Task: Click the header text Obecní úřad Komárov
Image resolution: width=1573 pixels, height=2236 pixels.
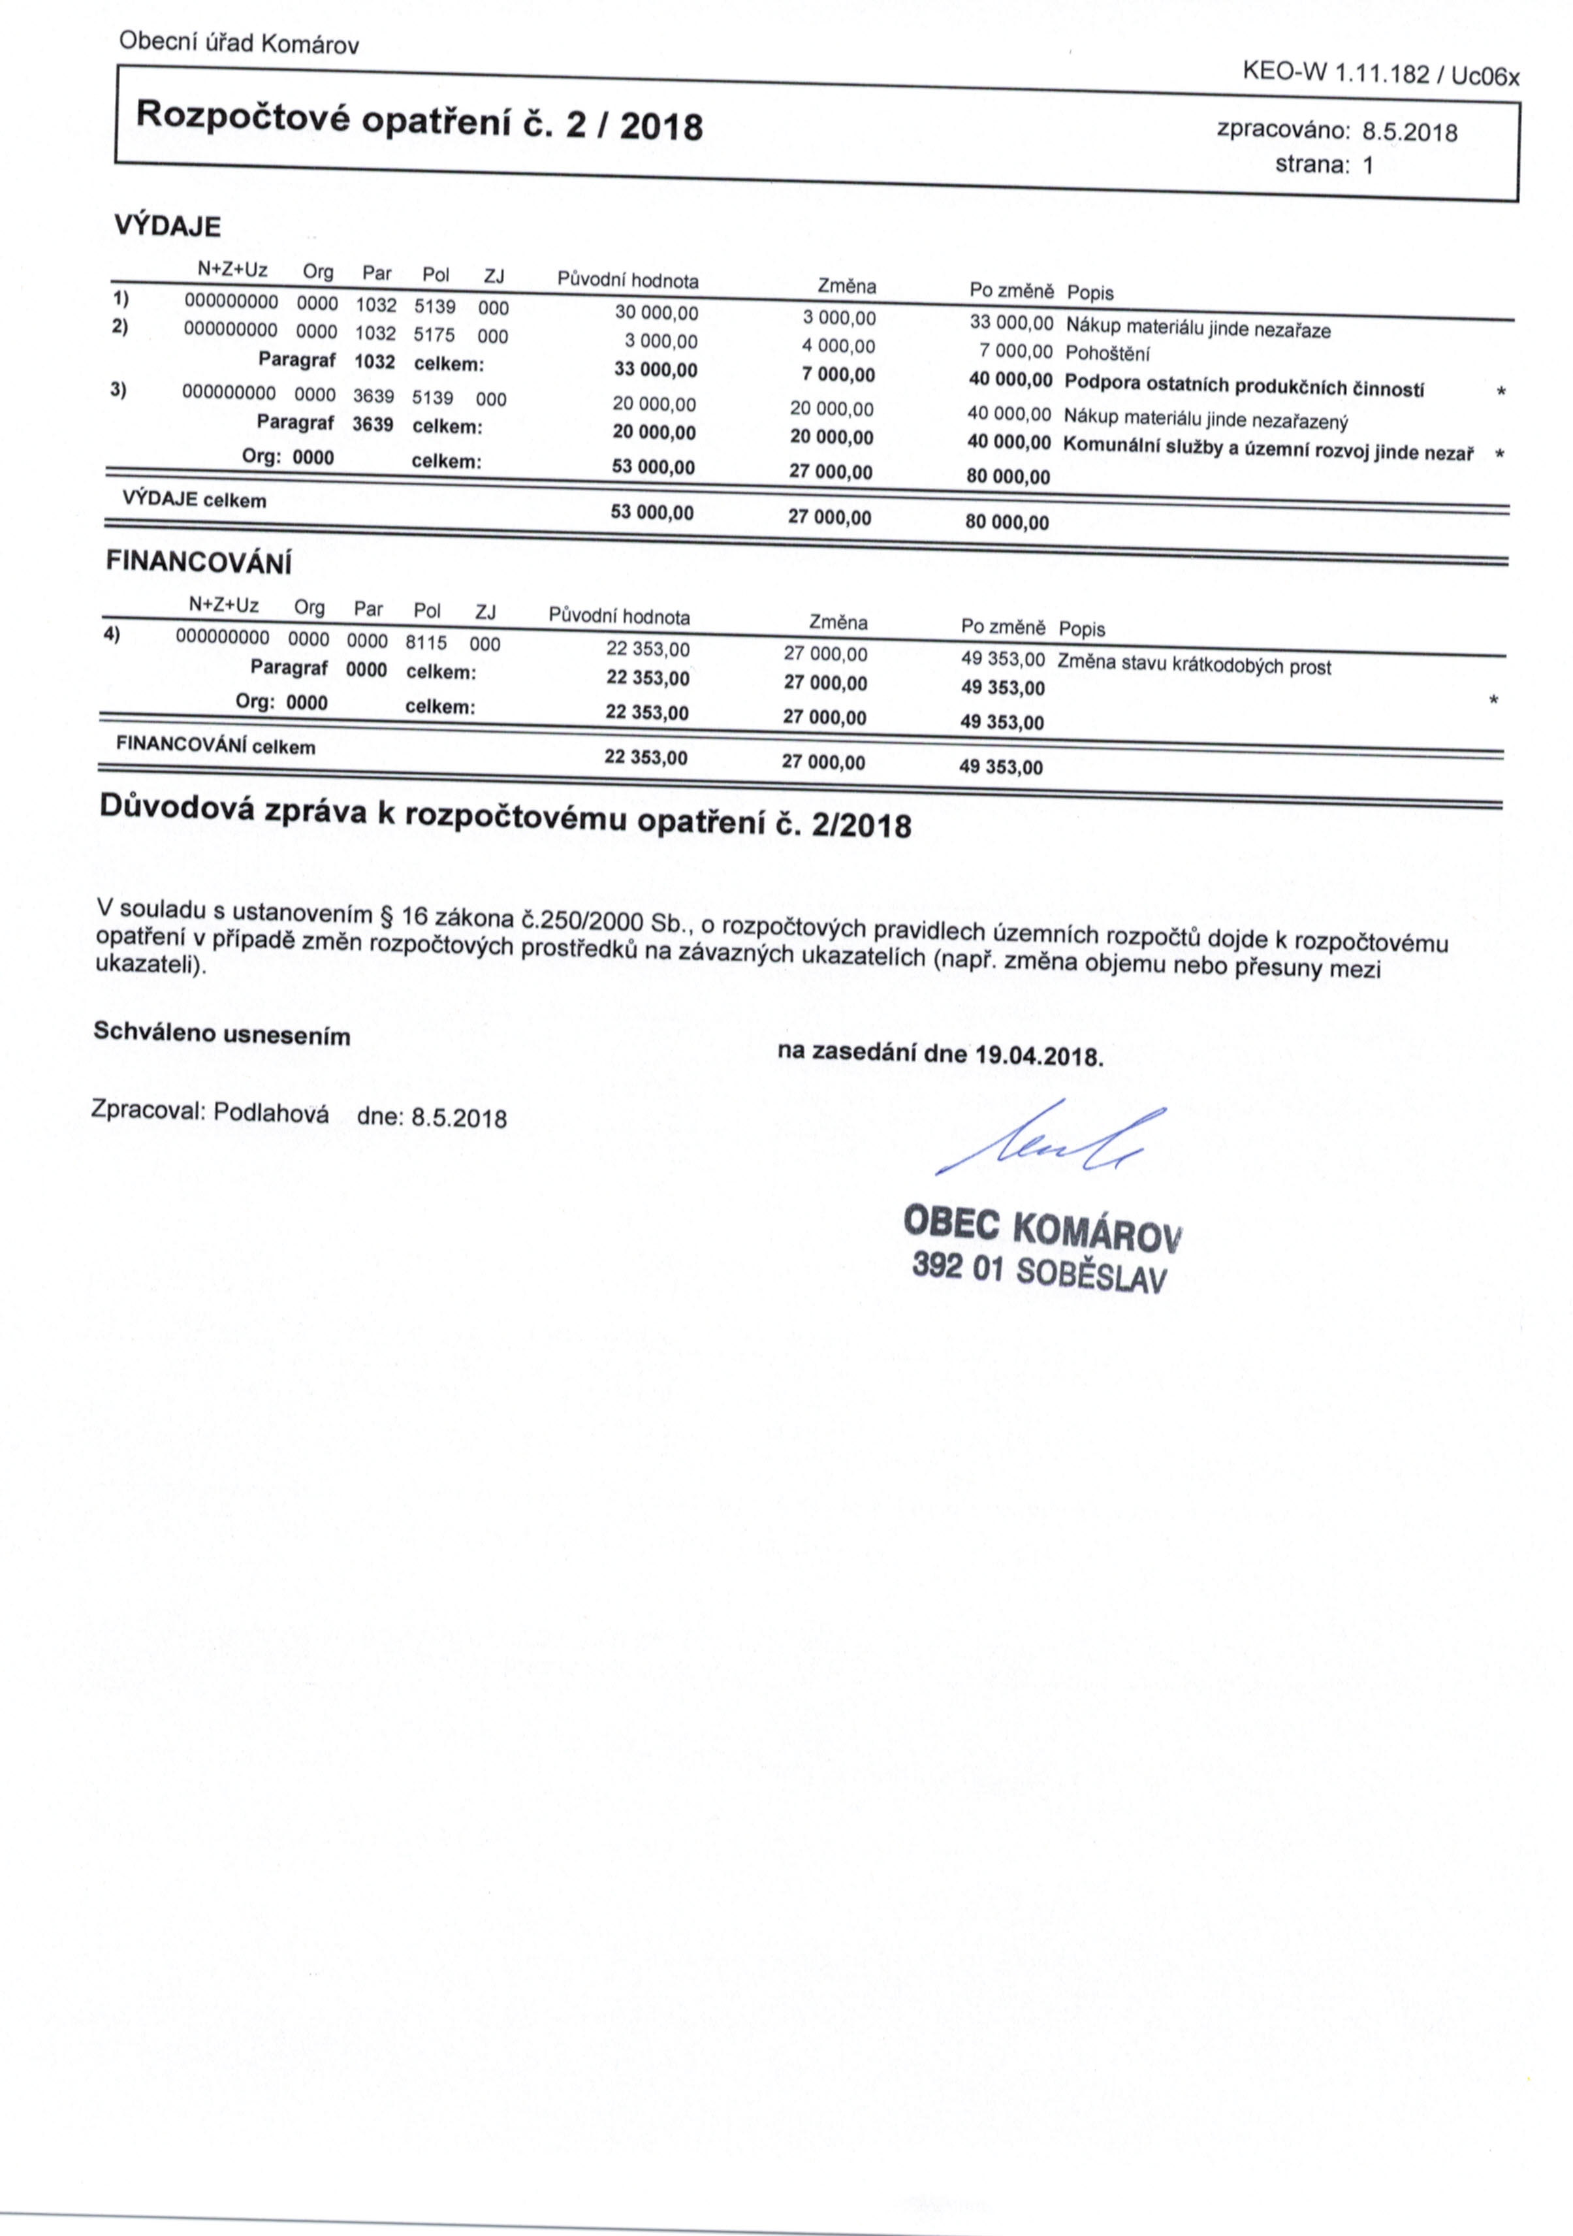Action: point(238,44)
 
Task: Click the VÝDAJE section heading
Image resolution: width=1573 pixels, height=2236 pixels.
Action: point(168,227)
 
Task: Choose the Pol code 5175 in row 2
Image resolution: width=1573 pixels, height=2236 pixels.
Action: point(434,335)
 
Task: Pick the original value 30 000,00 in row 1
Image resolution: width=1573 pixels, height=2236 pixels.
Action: point(656,313)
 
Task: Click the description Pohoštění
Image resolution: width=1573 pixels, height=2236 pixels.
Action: point(1107,353)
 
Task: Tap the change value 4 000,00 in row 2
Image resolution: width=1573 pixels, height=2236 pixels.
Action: point(838,345)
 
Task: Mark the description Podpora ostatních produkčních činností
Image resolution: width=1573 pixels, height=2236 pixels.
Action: point(1244,386)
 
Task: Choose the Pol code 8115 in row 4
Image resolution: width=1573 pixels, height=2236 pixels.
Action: point(426,643)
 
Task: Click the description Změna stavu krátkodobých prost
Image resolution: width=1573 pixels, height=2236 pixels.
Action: point(1193,664)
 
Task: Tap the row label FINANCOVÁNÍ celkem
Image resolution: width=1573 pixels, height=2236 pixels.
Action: point(215,746)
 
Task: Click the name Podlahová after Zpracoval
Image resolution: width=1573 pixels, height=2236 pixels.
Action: point(272,1113)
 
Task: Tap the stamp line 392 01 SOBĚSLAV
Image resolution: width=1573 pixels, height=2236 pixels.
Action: point(1038,1271)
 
